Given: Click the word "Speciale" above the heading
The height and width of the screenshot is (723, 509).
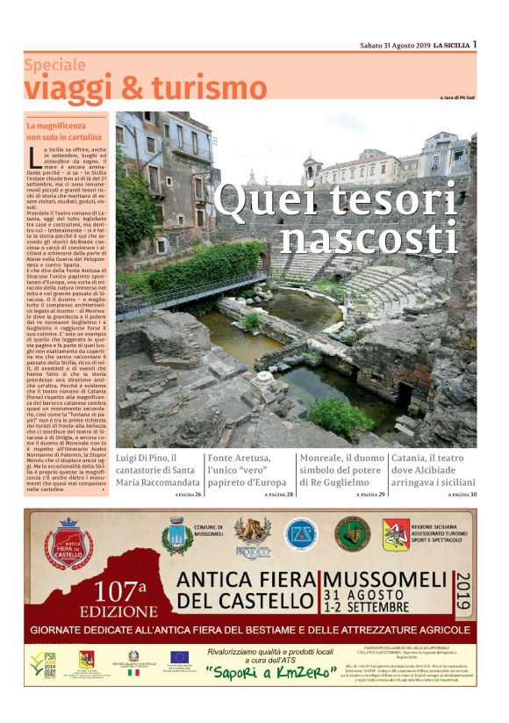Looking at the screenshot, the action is [x=54, y=65].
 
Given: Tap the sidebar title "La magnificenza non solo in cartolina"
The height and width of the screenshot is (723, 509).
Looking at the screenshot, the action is [x=64, y=132].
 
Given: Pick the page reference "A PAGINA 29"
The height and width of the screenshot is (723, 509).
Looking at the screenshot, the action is [x=371, y=495].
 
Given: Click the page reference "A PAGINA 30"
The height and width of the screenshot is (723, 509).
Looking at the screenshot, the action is [x=462, y=495].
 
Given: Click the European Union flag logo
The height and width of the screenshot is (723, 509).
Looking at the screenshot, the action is [x=180, y=656].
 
